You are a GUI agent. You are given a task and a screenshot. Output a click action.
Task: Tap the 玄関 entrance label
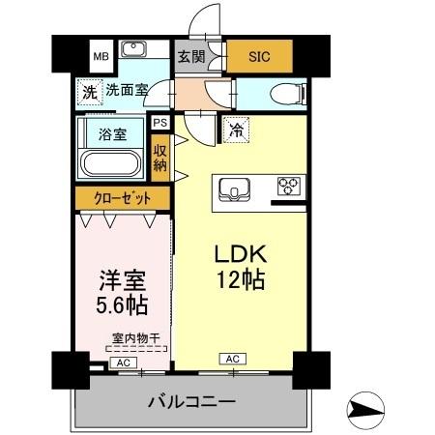[189, 55]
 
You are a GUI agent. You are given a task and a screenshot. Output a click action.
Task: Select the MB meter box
[101, 56]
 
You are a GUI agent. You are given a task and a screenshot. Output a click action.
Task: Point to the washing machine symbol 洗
[89, 94]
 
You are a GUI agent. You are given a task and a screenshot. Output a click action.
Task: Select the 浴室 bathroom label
[113, 133]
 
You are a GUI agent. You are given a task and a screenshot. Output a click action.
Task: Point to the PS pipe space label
[159, 123]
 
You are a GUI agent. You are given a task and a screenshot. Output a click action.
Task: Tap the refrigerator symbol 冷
[235, 127]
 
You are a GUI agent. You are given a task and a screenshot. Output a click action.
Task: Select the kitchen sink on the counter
[235, 187]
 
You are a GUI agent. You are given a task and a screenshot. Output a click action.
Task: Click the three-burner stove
[288, 186]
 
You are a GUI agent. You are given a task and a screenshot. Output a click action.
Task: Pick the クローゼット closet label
[122, 199]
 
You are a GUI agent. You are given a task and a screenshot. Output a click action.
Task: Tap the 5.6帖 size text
[122, 305]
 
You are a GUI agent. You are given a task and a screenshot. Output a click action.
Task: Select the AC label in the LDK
[233, 359]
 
